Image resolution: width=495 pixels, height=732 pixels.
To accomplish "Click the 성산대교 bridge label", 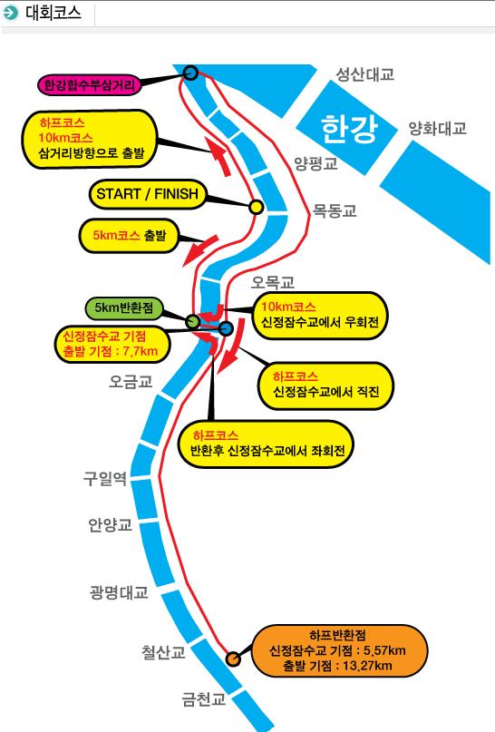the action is coord(364,74).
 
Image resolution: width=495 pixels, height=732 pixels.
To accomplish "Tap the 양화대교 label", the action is coord(438,129).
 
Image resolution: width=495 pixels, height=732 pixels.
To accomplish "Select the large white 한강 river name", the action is coord(349,128).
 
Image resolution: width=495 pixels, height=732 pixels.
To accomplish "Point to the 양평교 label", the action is coord(315,163).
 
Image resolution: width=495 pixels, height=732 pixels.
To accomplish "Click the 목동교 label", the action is coord(334,210).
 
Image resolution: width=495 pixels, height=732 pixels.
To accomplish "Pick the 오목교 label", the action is coord(273,282).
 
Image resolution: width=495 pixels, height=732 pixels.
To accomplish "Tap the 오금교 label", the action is coord(131,381).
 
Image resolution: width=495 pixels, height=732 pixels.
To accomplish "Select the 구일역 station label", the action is coord(105,479).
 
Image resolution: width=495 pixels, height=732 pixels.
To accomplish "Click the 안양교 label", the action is coord(110,524).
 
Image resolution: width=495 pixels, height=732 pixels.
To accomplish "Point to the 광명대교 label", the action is coord(119,592).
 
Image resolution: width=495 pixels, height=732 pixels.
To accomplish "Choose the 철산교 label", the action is coord(163,651).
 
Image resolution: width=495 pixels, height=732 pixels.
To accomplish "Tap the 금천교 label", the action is coord(203,698).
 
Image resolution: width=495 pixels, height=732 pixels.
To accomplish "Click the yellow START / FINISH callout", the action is coord(148,194).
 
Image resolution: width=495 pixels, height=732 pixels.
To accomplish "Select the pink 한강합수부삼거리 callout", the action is coord(89,85).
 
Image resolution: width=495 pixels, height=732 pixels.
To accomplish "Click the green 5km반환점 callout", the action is coord(124,308).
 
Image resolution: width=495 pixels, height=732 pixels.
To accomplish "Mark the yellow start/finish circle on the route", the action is coord(256,207).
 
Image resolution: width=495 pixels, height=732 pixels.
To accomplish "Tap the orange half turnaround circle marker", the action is coord(233,659).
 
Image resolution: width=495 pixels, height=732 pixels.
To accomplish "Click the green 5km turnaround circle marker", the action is coord(193,321).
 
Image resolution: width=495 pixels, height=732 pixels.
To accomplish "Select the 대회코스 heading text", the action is coord(53,13).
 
